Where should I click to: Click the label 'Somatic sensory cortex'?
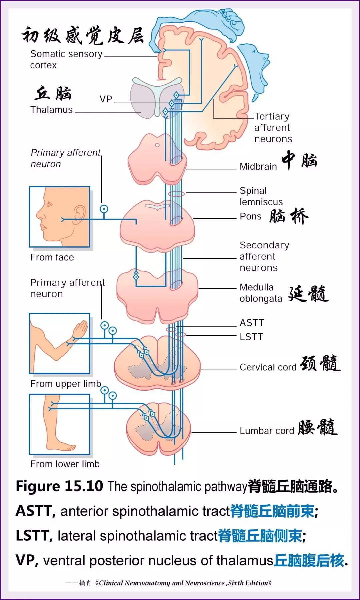pyautogui.click(x=66, y=59)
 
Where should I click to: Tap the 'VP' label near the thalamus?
pyautogui.click(x=106, y=99)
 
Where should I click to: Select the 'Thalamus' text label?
pyautogui.click(x=51, y=110)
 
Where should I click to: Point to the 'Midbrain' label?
pyautogui.click(x=258, y=166)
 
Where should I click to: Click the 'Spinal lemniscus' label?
pyautogui.click(x=261, y=196)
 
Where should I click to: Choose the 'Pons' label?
pyautogui.click(x=250, y=216)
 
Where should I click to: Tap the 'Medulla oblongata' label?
pyautogui.click(x=260, y=293)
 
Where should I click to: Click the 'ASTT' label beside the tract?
pyautogui.click(x=252, y=323)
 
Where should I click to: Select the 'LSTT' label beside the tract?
pyautogui.click(x=251, y=337)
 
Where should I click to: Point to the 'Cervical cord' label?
pyautogui.click(x=268, y=367)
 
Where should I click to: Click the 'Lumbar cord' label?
pyautogui.click(x=266, y=431)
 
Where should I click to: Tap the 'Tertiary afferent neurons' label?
pyautogui.click(x=273, y=127)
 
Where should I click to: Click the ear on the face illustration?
pyautogui.click(x=79, y=214)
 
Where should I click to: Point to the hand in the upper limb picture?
pyautogui.click(x=80, y=328)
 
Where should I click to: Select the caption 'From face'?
pyautogui.click(x=52, y=257)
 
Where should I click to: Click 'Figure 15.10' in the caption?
pyautogui.click(x=59, y=486)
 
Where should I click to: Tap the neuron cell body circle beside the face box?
pyautogui.click(x=104, y=209)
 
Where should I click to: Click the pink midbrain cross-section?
pyautogui.click(x=157, y=160)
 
